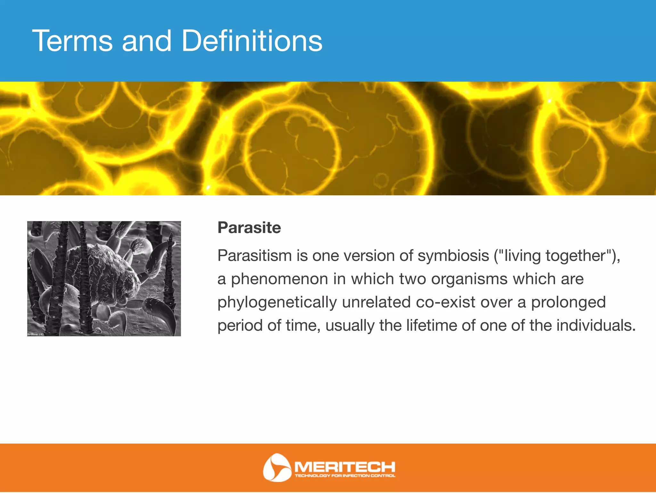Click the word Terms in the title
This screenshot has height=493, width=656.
point(72,41)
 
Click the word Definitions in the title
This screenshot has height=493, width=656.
point(252,41)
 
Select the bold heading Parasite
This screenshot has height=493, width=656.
point(249,228)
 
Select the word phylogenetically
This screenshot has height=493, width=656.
point(277,303)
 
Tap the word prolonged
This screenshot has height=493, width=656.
point(568,303)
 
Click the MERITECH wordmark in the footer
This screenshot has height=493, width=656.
point(345,466)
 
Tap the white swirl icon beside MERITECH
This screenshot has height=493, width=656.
point(276,467)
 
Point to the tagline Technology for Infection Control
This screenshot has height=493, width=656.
point(345,476)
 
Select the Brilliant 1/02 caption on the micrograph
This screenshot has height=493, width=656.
point(36,334)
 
